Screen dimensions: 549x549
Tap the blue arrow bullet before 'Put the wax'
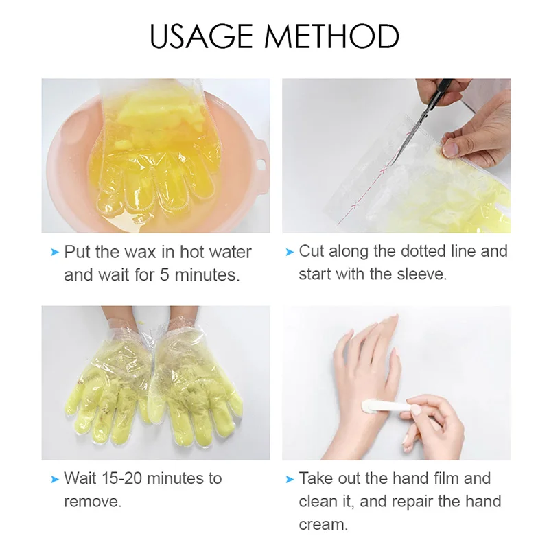pyautogui.click(x=55, y=253)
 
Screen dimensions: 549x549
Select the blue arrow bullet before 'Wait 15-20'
pyautogui.click(x=55, y=478)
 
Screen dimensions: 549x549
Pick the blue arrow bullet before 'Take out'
pyautogui.click(x=290, y=478)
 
